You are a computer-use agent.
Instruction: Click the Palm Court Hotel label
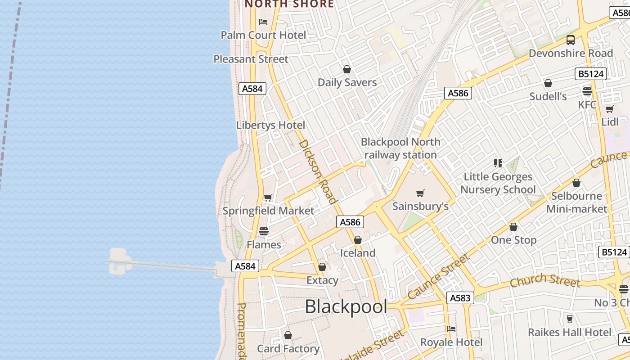(263, 35)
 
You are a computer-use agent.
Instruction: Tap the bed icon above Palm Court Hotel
(263, 22)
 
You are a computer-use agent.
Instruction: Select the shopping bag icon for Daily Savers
(347, 69)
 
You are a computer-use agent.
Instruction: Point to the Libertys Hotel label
(270, 125)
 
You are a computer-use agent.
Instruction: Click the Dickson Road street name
(318, 171)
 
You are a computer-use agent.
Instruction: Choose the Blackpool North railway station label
(400, 148)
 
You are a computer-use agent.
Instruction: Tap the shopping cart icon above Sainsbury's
(420, 193)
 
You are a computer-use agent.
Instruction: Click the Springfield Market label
(268, 211)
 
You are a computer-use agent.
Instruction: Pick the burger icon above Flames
(264, 231)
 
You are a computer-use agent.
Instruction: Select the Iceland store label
(358, 253)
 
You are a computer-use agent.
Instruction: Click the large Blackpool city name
(346, 307)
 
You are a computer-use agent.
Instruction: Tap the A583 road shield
(460, 297)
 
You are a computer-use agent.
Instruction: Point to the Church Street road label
(544, 280)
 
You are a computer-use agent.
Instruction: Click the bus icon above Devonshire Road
(571, 40)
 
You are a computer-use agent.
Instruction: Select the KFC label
(587, 105)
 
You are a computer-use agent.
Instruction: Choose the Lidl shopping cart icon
(610, 109)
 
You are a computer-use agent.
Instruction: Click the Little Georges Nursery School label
(498, 183)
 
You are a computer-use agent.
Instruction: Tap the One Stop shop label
(513, 240)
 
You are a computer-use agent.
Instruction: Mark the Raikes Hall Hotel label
(570, 333)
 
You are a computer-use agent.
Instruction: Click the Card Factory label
(288, 349)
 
